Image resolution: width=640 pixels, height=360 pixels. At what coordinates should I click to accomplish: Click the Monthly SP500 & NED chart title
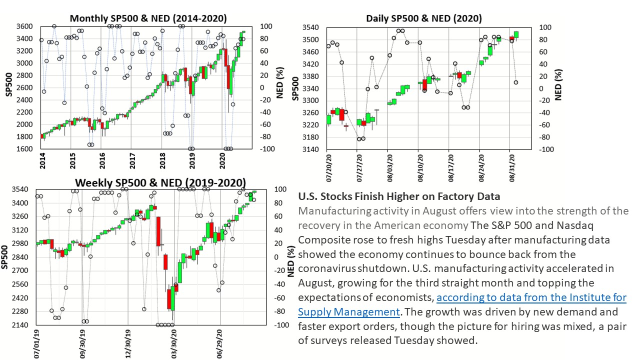(x=148, y=18)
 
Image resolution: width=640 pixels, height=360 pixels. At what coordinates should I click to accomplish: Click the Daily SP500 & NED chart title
(x=424, y=18)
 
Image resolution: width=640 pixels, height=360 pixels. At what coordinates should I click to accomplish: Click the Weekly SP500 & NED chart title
(x=160, y=182)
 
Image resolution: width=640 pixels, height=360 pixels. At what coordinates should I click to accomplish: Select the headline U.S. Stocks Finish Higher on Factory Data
(x=399, y=196)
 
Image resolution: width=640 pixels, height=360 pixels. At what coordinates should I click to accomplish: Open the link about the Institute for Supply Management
(x=531, y=297)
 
